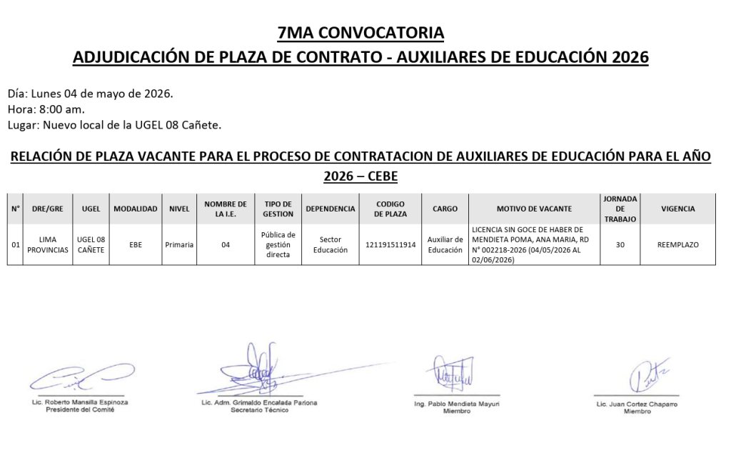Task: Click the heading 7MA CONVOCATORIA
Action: tap(361, 33)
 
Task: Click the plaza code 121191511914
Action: tap(390, 245)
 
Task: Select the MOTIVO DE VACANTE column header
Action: tap(534, 209)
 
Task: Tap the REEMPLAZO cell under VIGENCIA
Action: tap(677, 245)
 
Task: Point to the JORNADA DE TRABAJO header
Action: tap(620, 209)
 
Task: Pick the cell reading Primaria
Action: tap(179, 245)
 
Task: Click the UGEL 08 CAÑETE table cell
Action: tap(91, 245)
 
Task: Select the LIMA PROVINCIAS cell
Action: tap(48, 245)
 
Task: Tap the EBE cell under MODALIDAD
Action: tap(136, 245)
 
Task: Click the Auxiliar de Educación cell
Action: tap(445, 245)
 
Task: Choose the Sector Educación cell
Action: tap(330, 245)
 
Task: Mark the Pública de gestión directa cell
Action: tap(278, 245)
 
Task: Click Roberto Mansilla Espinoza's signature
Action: tap(80, 376)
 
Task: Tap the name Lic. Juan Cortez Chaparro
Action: tap(637, 404)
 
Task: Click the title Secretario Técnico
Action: tap(259, 410)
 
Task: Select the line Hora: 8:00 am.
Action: tap(46, 109)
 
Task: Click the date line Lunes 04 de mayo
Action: tap(90, 94)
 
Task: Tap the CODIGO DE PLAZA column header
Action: tap(390, 209)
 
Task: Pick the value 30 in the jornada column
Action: tap(620, 245)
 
